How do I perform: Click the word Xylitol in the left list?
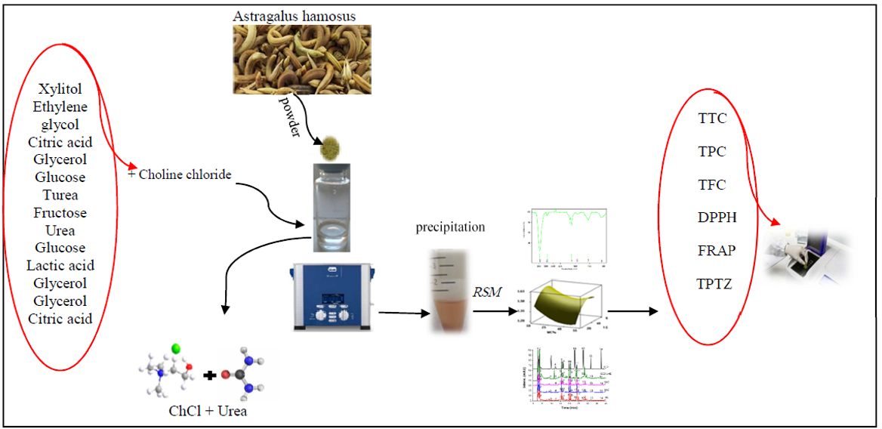coord(60,89)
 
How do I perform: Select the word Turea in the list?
coord(60,195)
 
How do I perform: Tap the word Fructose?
coord(60,213)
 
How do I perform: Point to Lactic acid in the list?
coord(60,265)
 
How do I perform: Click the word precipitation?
coord(450,227)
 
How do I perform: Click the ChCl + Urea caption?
coord(207,411)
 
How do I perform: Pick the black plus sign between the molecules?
coord(211,374)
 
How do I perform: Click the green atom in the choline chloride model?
coord(175,350)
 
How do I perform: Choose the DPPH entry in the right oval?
coord(717,218)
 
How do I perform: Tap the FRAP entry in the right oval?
coord(717,250)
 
